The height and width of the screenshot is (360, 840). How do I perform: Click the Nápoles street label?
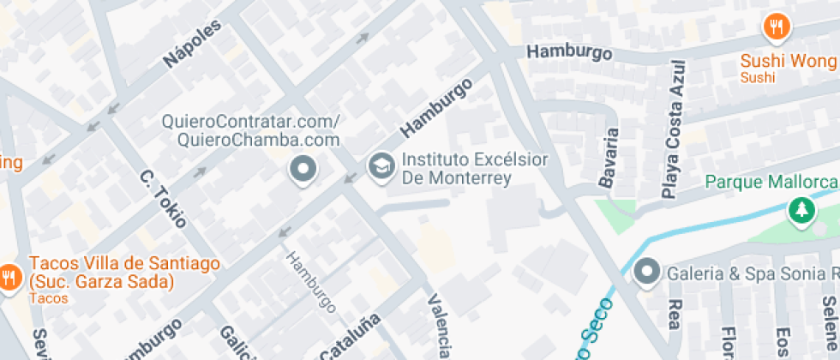pos(193,45)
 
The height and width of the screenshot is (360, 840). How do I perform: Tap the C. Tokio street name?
pos(163,199)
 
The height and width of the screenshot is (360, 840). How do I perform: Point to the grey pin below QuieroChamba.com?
pos(303,170)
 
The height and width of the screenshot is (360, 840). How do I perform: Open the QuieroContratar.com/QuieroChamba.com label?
pos(251,130)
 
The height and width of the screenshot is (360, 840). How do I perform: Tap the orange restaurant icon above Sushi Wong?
pos(777,27)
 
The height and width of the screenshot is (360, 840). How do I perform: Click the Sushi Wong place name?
pos(788,62)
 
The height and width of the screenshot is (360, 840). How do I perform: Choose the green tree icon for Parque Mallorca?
pos(801,210)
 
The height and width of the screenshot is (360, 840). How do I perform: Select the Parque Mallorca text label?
pos(771,183)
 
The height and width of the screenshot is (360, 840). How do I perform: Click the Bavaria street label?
pos(609,159)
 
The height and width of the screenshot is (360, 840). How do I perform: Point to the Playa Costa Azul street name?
pos(675,129)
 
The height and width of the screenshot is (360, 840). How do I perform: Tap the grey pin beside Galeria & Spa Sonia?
pos(647,273)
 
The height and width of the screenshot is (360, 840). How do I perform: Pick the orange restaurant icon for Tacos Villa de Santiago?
pos(10,277)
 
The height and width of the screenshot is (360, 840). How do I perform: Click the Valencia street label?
pos(439,326)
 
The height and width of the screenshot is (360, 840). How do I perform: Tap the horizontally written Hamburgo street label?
pos(569,52)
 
